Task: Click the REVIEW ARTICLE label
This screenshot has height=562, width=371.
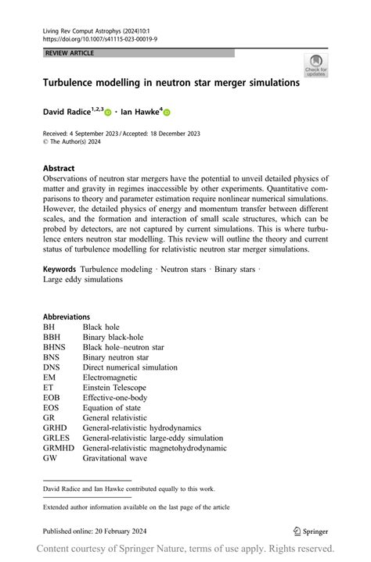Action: (71, 53)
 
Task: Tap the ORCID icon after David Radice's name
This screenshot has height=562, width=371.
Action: (107, 113)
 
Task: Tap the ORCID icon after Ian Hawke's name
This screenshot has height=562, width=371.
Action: (166, 113)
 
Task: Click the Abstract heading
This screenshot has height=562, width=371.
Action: (59, 168)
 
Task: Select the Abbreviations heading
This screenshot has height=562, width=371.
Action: (67, 317)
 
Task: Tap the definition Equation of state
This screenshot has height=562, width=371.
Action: (119, 408)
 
